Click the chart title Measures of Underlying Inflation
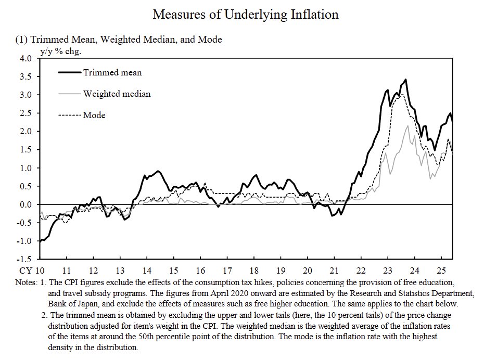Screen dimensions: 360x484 point(246,14)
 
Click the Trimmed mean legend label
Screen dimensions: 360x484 point(112,72)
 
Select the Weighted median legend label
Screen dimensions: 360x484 point(117,94)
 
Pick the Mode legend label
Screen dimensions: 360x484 point(94,115)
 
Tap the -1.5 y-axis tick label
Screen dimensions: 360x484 point(24,259)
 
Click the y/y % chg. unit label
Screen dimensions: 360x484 point(61,51)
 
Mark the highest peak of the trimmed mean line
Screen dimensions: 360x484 point(405,80)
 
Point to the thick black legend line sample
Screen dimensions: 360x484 point(70,72)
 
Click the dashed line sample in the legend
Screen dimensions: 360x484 point(70,115)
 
